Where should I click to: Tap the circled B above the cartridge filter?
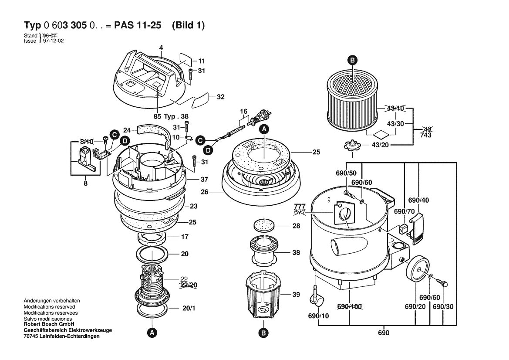pos(352,60)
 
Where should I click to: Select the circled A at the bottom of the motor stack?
pos(152,333)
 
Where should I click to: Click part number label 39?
pos(296,295)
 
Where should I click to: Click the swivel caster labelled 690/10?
pos(316,295)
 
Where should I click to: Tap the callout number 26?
pos(205,192)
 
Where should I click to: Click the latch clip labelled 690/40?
pos(417,228)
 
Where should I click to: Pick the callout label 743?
pos(425,135)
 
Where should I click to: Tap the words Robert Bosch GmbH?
pos(49,324)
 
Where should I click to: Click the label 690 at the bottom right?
pos(383,333)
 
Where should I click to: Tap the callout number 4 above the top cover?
pos(161,48)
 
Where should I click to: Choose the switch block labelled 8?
pos(86,159)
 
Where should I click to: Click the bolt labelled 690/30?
pos(442,282)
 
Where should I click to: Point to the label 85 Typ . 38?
pos(171,117)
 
